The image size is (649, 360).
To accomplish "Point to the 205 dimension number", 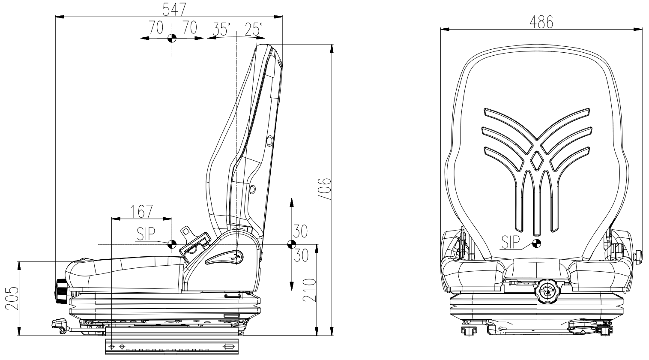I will point(12,298).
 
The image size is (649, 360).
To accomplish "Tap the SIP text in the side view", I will point(146,234).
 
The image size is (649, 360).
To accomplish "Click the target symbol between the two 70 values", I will point(171,38).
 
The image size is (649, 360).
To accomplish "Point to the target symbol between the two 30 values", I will point(291,244).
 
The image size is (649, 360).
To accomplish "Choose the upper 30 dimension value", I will point(300,232).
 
